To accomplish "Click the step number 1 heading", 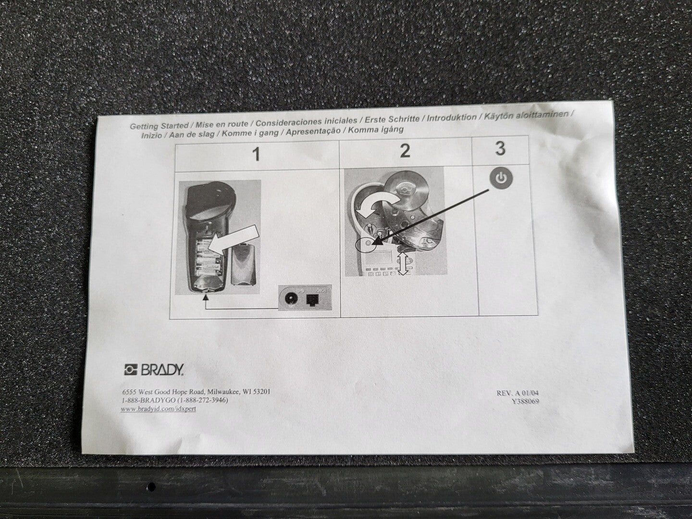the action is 257,155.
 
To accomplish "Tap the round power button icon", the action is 501,179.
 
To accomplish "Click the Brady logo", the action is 154,370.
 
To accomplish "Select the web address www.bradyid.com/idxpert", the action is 158,409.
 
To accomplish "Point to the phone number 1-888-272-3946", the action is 203,400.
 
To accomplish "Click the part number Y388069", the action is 526,401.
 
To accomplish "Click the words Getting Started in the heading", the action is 159,126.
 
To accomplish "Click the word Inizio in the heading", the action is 151,136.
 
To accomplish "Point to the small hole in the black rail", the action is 152,486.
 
